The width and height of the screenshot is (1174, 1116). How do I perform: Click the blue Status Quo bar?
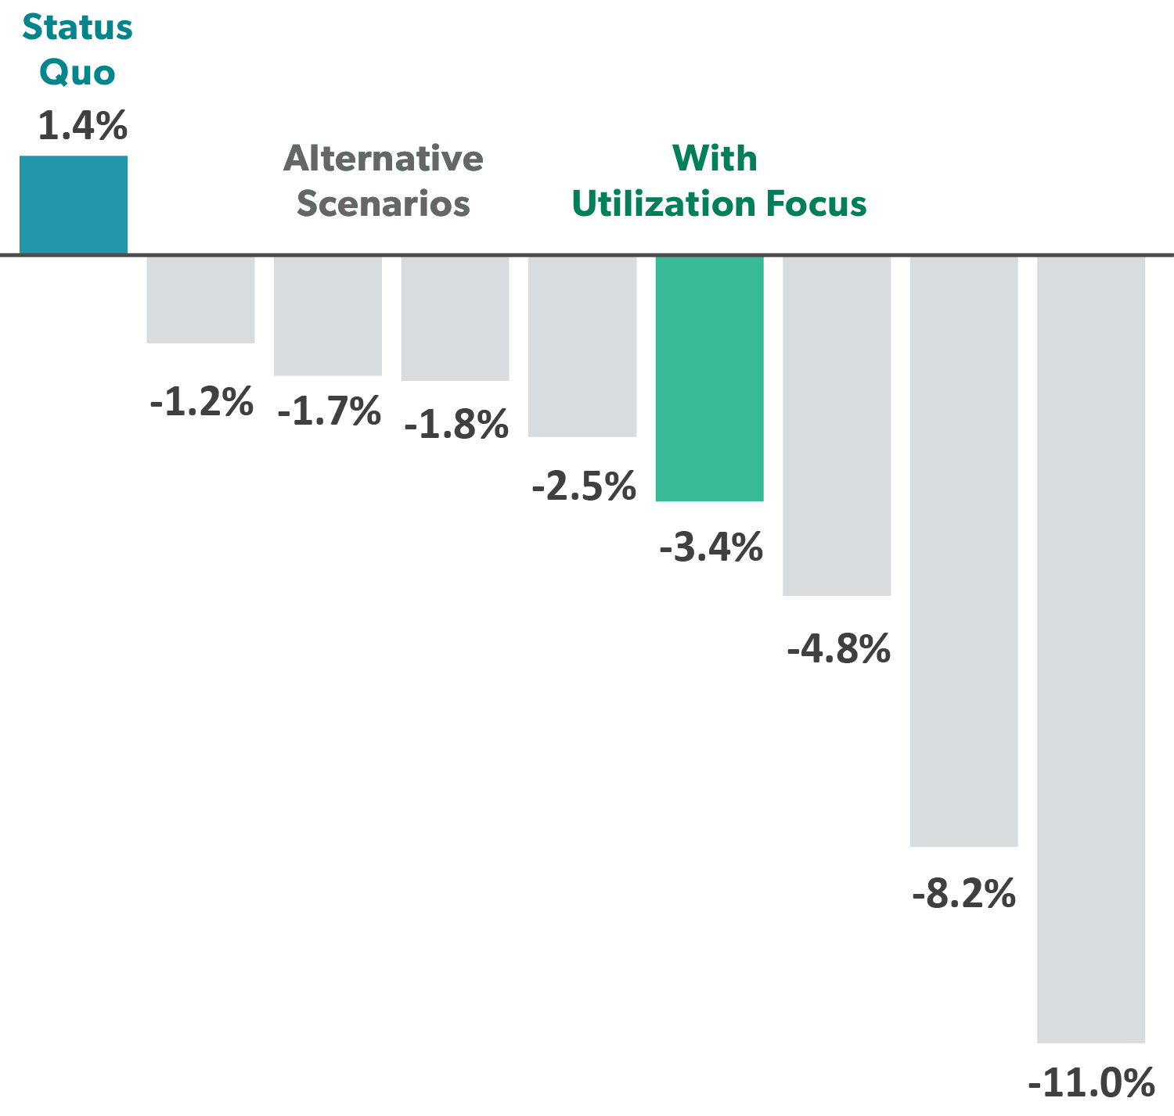point(74,205)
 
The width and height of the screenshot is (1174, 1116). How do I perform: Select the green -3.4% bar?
point(709,379)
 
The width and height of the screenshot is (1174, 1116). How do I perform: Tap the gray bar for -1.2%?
point(200,300)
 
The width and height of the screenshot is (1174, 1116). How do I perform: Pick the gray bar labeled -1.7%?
point(328,316)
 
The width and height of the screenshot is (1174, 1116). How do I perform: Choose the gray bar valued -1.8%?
point(455,318)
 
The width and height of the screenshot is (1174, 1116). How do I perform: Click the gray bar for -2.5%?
point(582,346)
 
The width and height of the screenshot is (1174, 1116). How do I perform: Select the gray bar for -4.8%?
point(837,426)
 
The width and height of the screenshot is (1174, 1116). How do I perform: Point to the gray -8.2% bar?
point(963,551)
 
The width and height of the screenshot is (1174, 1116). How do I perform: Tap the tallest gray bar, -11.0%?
point(1091,649)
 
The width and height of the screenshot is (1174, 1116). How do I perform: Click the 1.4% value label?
point(82,126)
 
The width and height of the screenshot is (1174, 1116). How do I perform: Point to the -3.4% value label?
point(711,547)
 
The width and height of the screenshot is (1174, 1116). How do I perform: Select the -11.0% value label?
point(1091,1083)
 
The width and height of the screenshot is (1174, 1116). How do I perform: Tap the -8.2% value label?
point(963,894)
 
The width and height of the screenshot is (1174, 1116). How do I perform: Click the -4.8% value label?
point(838,650)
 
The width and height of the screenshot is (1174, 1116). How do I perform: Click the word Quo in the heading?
point(77,74)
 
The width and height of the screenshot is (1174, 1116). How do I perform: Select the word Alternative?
point(384,159)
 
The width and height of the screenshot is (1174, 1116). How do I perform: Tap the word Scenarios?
point(384,204)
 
